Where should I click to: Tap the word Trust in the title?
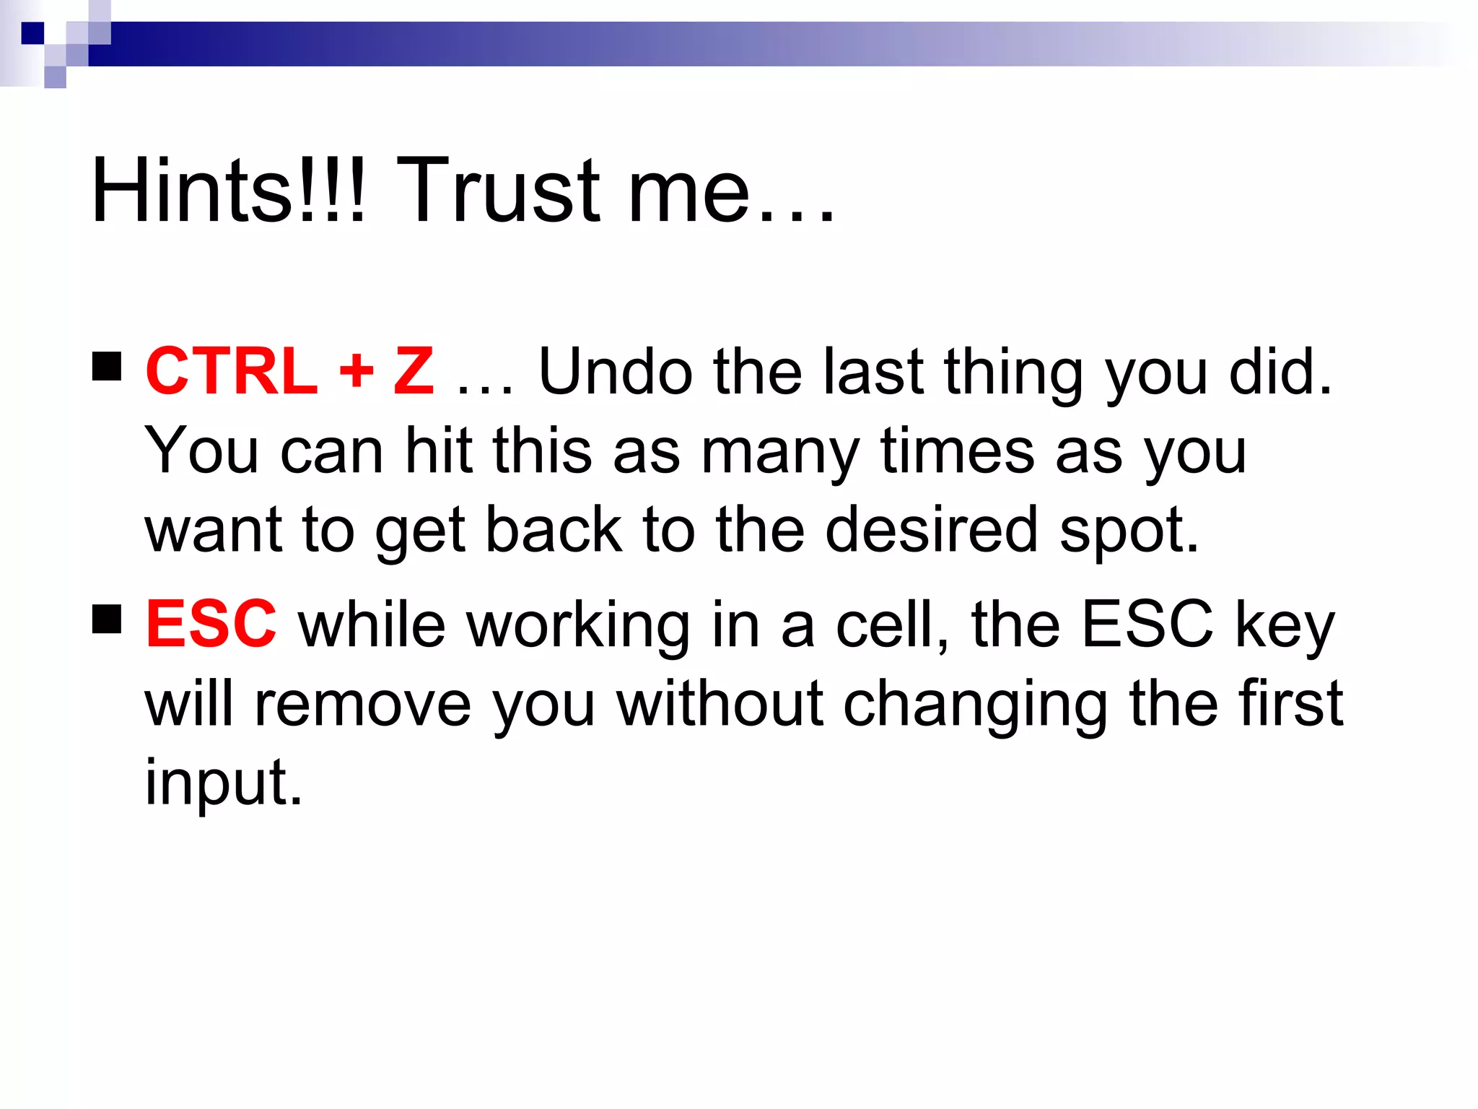coord(498,191)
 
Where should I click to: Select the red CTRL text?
coord(231,372)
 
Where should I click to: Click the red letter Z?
coord(414,372)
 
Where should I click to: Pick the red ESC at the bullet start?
coord(211,625)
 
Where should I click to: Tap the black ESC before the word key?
coord(1147,625)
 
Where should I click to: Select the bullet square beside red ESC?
coord(107,619)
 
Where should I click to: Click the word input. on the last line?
coord(224,783)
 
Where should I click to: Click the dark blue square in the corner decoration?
coord(32,33)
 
